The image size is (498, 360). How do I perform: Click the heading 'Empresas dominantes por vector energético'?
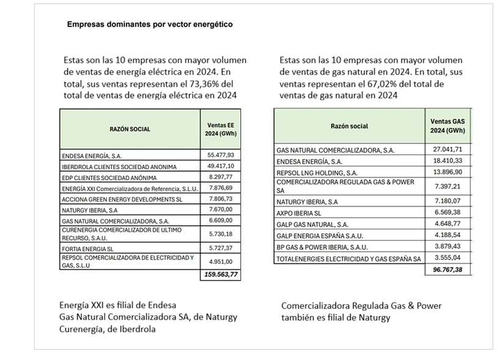[x=149, y=24]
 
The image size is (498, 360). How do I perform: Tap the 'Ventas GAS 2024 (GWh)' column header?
[x=448, y=126]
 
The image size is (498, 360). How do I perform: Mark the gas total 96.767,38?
[x=448, y=270]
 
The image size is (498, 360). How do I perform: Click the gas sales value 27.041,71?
[x=448, y=150]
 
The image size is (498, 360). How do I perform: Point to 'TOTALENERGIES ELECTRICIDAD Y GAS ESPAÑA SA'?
[x=349, y=259]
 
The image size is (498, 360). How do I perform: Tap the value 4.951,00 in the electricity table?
[x=222, y=262]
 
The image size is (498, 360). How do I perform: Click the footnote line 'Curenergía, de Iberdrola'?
[x=107, y=329]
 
